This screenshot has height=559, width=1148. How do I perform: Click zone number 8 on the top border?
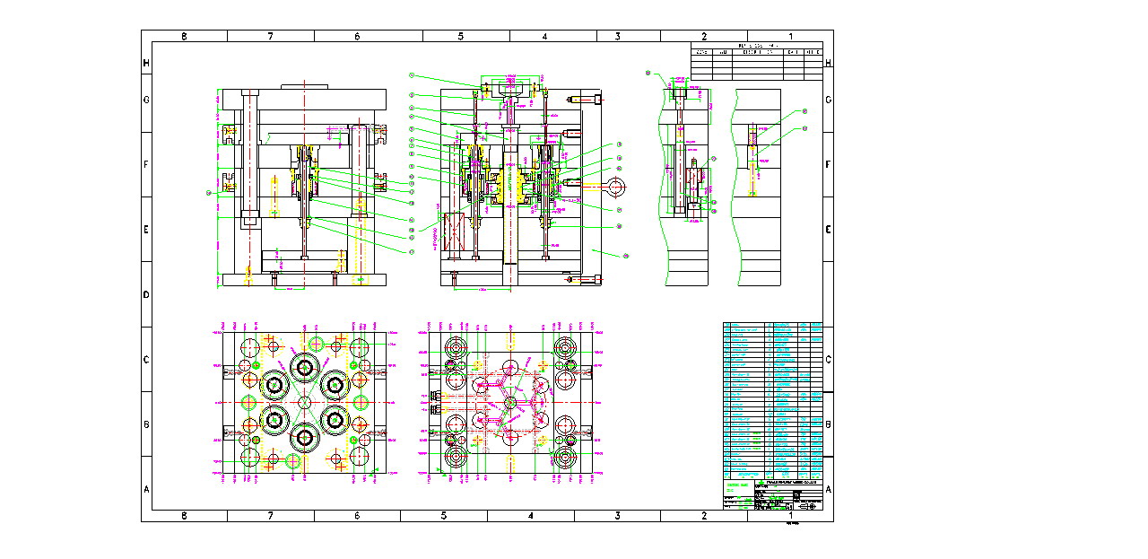[x=184, y=37]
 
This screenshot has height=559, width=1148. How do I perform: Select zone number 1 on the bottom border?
[x=790, y=515]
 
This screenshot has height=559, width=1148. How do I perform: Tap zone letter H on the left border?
[x=146, y=63]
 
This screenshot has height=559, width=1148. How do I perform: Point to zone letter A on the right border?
[x=828, y=489]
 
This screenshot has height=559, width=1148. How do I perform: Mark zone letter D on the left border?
[x=146, y=294]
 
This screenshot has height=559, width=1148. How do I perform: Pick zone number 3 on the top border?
[x=617, y=37]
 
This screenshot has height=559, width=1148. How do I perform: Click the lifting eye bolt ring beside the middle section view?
[x=615, y=187]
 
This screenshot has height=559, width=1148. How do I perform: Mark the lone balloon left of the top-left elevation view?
[x=209, y=192]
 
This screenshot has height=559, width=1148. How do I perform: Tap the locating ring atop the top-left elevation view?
[x=305, y=87]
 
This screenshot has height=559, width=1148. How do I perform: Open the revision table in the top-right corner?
[x=756, y=61]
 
